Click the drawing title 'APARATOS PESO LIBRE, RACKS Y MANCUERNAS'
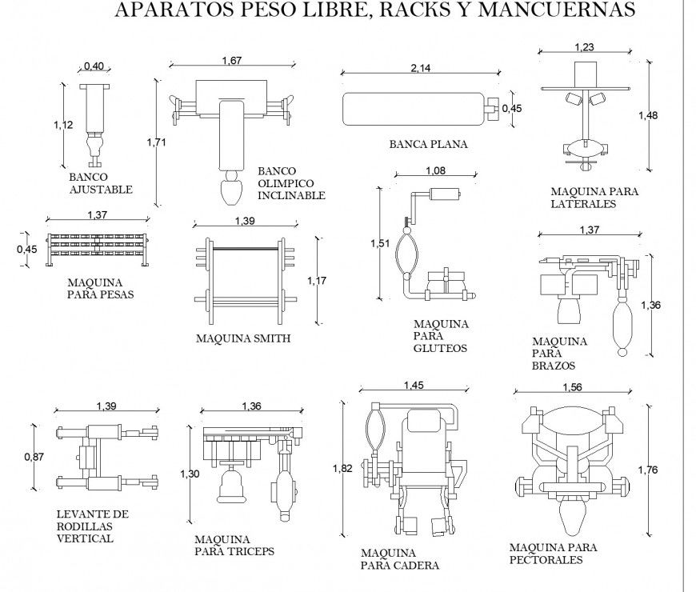[375, 10]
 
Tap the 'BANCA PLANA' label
[428, 145]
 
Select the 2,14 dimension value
[420, 68]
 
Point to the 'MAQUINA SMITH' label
[243, 338]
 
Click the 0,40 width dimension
[95, 66]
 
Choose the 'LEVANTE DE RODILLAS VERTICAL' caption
[93, 526]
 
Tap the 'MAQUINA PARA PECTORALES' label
[553, 554]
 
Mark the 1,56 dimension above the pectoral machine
[571, 387]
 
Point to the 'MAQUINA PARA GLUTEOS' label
[440, 336]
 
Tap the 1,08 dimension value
[434, 170]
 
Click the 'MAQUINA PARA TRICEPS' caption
[234, 545]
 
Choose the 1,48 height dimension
[648, 116]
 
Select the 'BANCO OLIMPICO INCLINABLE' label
[291, 183]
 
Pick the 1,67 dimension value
[231, 60]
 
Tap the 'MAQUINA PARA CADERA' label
[399, 559]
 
